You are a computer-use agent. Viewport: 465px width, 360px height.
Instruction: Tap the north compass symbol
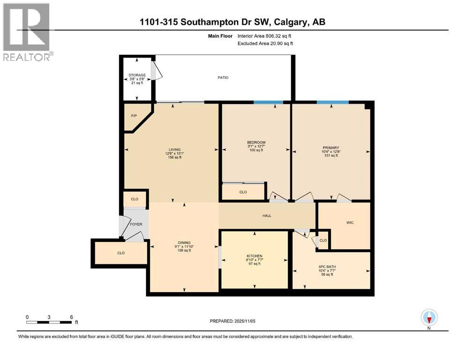tap(429, 317)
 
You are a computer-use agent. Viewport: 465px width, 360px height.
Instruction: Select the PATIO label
tap(223, 77)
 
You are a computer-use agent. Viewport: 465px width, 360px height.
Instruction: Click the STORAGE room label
tap(137, 75)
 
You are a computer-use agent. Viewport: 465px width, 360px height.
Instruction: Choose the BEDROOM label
tap(256, 142)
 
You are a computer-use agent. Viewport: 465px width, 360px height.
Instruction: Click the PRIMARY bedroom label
tap(331, 147)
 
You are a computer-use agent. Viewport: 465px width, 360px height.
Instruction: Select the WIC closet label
tap(350, 222)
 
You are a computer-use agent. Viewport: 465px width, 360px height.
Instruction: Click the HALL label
tap(266, 216)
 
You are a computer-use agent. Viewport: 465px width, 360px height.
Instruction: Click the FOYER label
tap(136, 224)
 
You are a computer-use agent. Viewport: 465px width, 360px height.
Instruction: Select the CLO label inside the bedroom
tap(243, 192)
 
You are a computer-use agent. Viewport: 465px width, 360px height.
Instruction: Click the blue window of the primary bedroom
tap(332, 102)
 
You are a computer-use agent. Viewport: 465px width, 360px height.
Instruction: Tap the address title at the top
tap(233, 22)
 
